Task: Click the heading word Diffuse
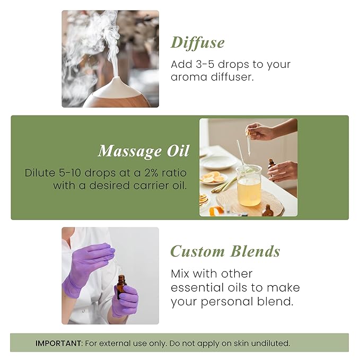click(x=197, y=42)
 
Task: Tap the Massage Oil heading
click(x=143, y=151)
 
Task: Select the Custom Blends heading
click(x=225, y=251)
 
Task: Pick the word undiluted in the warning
click(x=270, y=343)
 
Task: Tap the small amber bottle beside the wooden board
click(x=268, y=211)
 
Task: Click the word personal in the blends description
click(x=220, y=302)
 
